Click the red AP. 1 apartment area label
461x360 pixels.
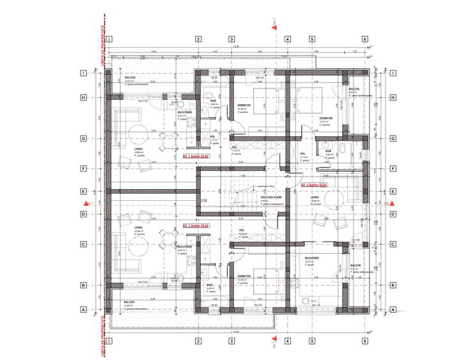point(197,155)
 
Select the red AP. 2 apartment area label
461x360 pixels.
point(314,185)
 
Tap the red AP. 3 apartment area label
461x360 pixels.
point(197,226)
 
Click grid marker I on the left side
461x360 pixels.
point(83,73)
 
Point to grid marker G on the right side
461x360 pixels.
point(393,137)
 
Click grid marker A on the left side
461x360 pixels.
point(83,309)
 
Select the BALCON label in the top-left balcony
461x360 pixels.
point(130,77)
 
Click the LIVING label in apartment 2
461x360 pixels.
point(315,198)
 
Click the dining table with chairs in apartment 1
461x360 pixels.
point(168,139)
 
